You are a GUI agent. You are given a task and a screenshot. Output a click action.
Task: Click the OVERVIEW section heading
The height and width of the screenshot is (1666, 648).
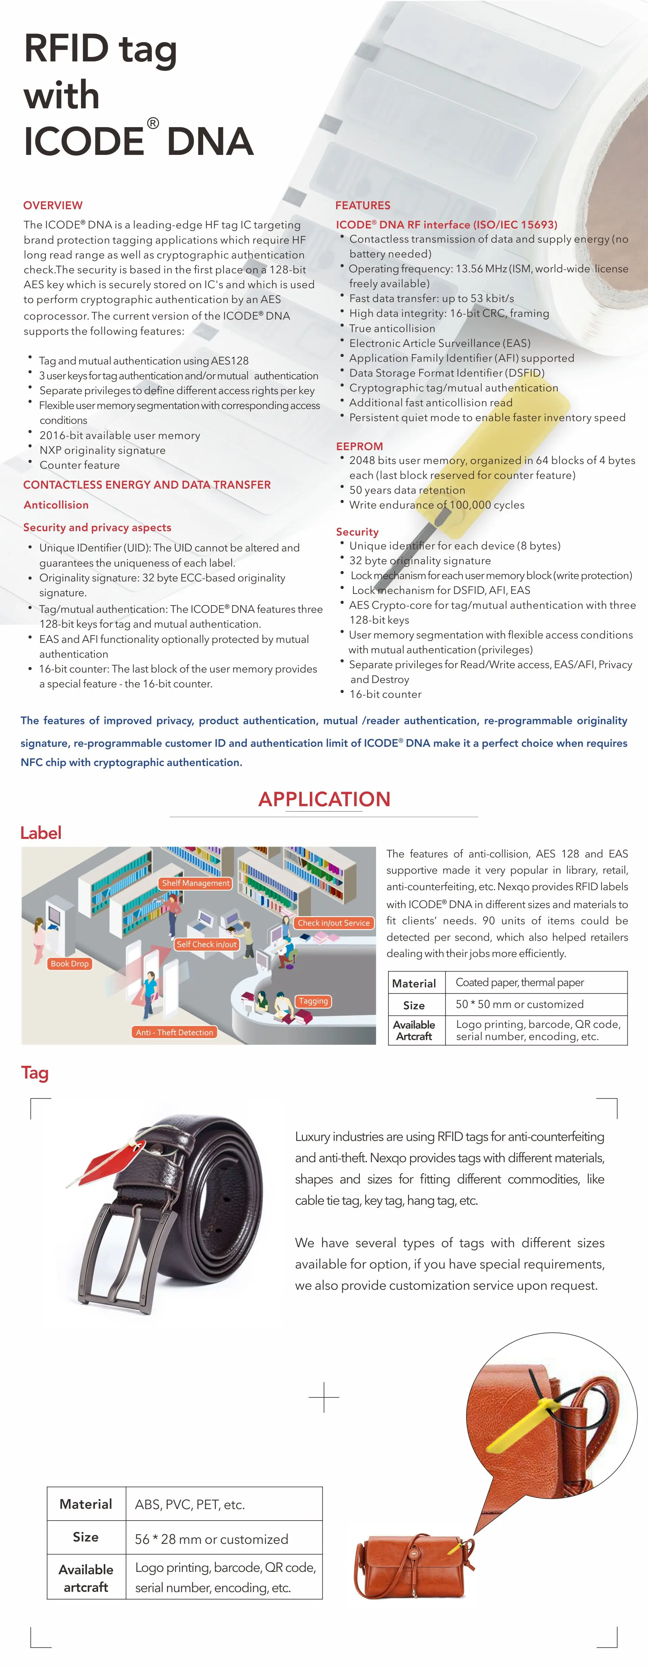pos(53,205)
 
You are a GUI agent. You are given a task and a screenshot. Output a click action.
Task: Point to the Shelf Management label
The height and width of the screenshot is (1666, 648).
pos(195,883)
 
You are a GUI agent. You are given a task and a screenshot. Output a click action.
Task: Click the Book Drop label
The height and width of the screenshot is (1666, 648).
pos(69,964)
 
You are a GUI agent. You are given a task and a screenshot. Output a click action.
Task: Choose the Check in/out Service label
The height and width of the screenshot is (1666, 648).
pos(333,923)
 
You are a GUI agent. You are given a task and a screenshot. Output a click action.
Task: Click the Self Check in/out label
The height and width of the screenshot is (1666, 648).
pos(206,944)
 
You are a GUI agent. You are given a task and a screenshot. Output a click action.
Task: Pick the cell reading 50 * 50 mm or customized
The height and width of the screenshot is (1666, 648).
pos(519,1004)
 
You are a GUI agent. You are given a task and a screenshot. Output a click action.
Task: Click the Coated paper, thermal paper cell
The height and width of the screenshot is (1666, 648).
pos(519,982)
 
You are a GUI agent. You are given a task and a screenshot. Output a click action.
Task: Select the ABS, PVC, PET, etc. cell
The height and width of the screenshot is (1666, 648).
pos(189,1504)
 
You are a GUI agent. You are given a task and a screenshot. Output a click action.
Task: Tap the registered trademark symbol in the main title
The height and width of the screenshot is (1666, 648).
pos(153,123)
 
